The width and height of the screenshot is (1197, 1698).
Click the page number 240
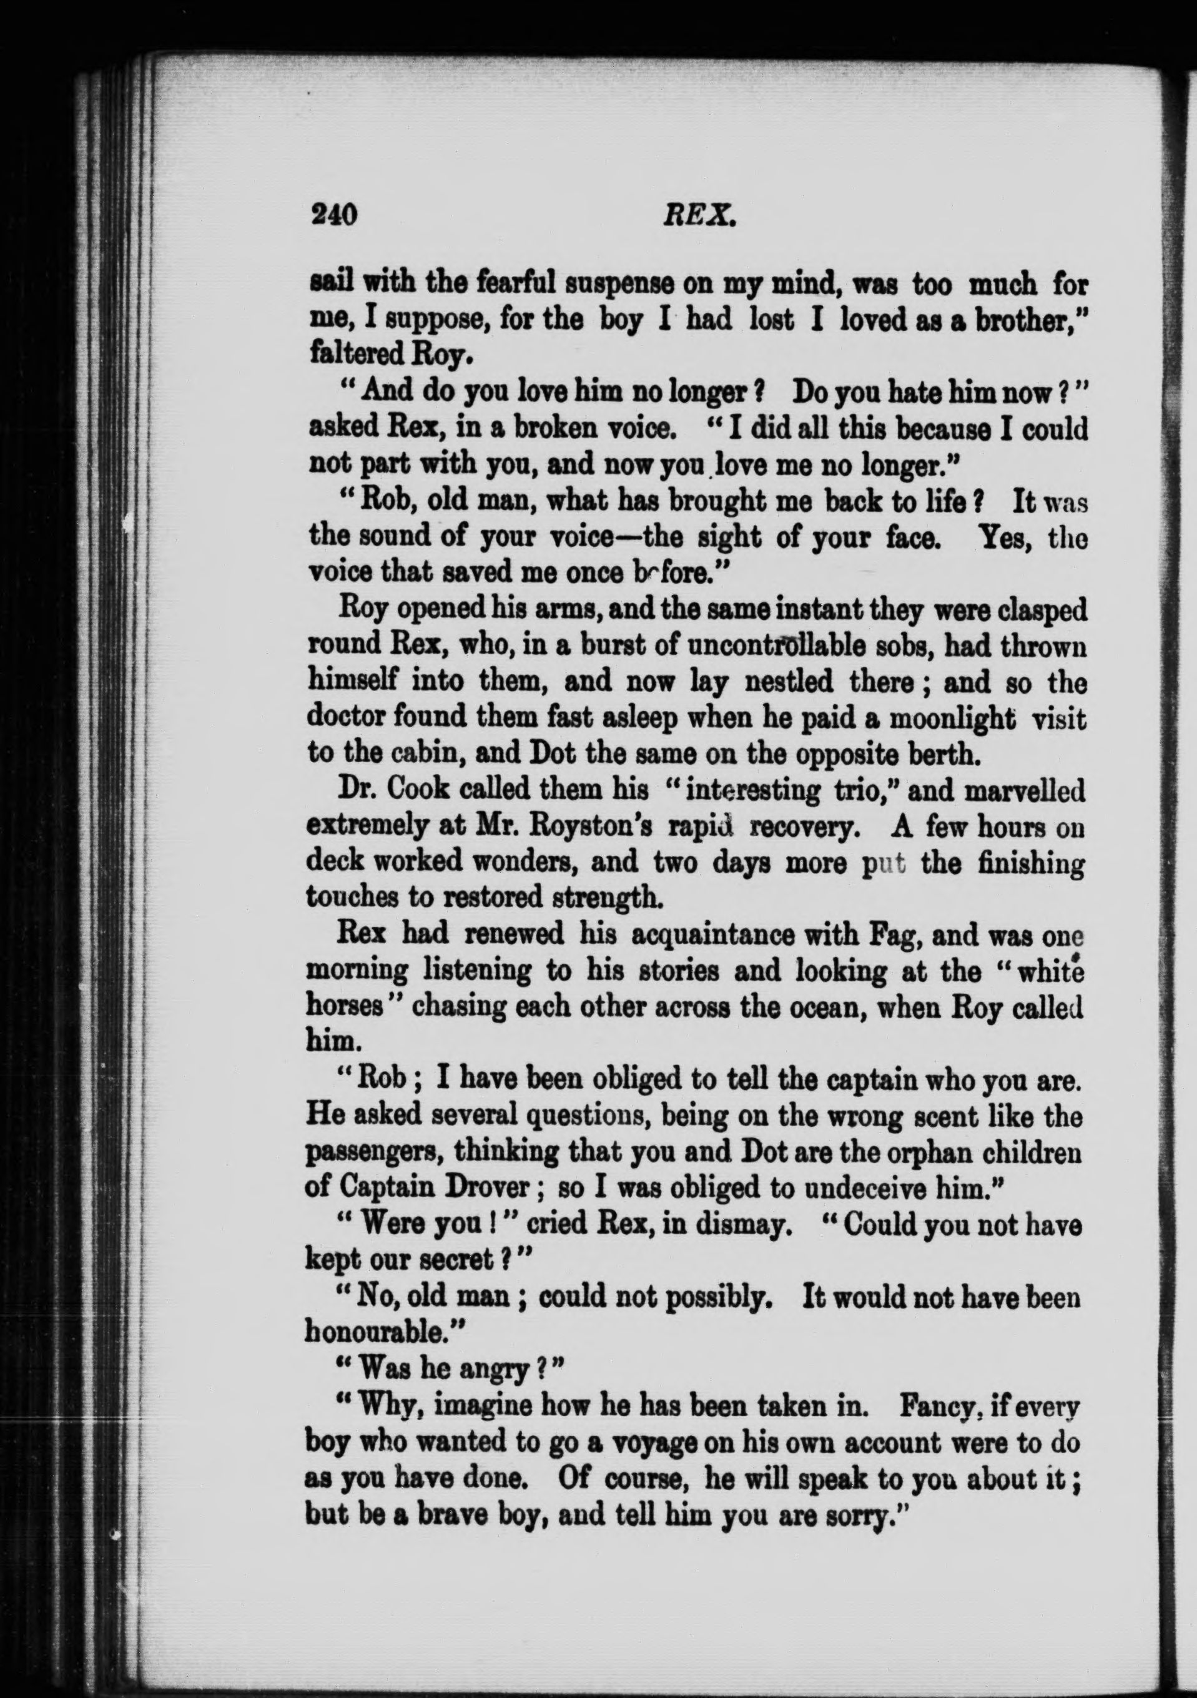tap(335, 215)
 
